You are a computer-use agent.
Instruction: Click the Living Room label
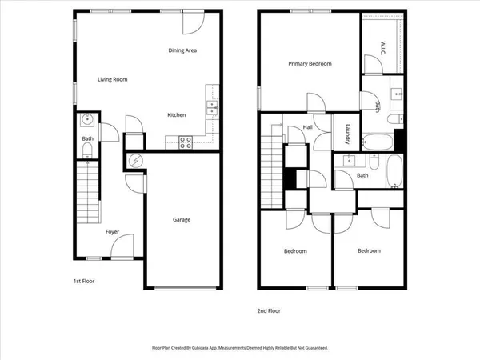tap(112, 79)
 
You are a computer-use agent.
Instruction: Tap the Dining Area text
tap(182, 50)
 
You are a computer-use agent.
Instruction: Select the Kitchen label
tap(176, 115)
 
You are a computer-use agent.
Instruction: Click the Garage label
tap(182, 219)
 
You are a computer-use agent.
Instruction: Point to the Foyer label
tap(113, 232)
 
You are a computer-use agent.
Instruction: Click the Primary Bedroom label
tap(310, 64)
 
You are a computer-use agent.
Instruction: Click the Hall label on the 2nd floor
tap(307, 127)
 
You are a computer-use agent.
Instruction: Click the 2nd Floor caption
tap(269, 310)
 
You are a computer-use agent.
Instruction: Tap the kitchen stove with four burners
tap(185, 142)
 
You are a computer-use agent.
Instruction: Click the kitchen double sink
tap(212, 110)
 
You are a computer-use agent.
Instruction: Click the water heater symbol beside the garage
tap(135, 160)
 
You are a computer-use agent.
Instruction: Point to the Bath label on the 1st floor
tap(87, 139)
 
